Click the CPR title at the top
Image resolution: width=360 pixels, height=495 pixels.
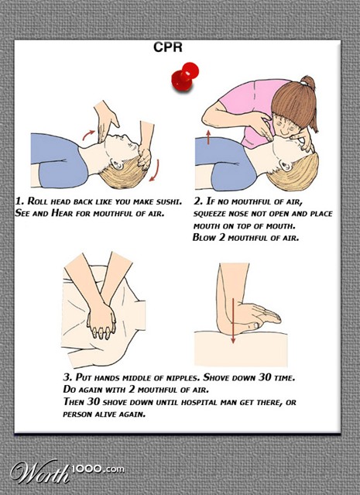click(168, 47)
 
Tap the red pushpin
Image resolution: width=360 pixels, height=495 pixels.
click(183, 77)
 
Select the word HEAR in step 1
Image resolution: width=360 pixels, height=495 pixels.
click(62, 213)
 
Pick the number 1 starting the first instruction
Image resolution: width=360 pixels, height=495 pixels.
click(19, 201)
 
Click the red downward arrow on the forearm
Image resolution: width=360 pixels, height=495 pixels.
click(233, 321)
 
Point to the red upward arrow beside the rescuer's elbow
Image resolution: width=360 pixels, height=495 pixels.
click(208, 136)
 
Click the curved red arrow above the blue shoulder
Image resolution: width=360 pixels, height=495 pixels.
click(88, 135)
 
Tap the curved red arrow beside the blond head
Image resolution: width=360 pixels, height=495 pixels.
click(155, 170)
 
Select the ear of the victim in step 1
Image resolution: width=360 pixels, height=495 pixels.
click(117, 164)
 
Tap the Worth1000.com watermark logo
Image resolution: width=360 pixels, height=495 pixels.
click(67, 471)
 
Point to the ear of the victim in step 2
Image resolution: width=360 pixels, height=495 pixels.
click(286, 165)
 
